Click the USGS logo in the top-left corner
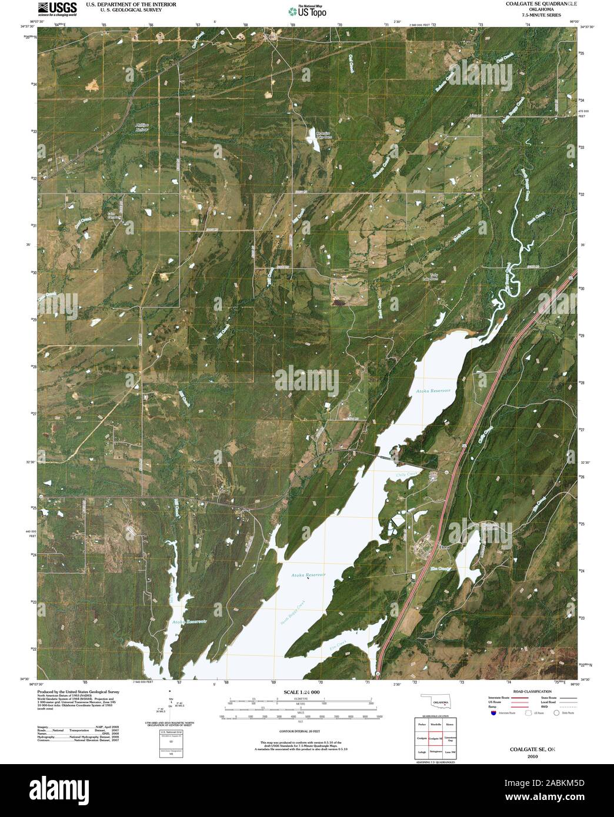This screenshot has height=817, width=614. coord(57,9)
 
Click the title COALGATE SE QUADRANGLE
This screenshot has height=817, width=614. coord(536,4)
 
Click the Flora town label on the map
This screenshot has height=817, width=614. coord(443,546)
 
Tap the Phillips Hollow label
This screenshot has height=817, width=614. coord(142,128)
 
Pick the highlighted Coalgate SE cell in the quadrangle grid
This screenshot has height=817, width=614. coord(435,739)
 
